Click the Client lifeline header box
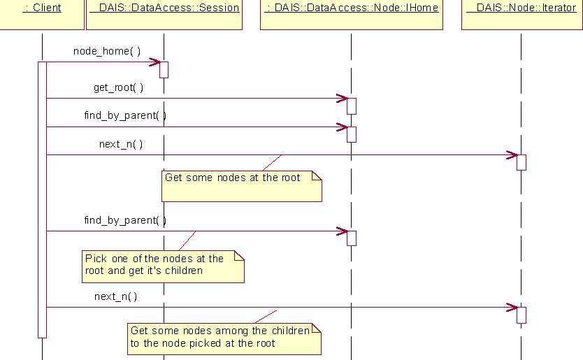(42, 15)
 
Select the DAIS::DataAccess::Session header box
(164, 15)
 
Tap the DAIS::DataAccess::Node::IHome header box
(352, 15)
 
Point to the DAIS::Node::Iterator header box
(522, 15)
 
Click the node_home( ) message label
(107, 51)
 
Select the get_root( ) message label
(118, 87)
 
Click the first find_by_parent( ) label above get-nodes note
(125, 115)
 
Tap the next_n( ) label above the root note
(121, 144)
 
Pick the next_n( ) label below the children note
(115, 296)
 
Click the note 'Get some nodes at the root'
(242, 187)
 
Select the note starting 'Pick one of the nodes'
(163, 266)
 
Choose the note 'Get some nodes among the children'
(224, 339)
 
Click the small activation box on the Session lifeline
(164, 70)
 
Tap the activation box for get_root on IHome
(352, 106)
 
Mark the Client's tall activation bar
(43, 200)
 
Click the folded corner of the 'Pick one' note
(239, 256)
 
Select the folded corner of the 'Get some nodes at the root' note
(317, 175)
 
